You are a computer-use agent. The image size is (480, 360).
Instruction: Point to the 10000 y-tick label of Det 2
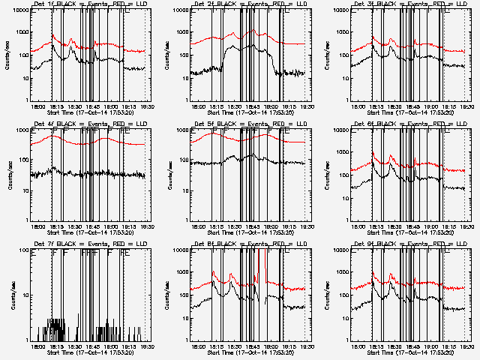pos(178,11)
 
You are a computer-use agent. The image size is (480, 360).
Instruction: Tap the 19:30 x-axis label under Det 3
pos(466,106)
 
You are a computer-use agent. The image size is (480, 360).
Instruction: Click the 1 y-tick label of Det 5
pos(185,220)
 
